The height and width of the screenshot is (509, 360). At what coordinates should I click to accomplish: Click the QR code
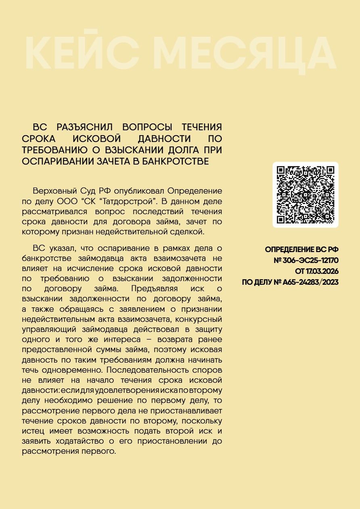(306, 195)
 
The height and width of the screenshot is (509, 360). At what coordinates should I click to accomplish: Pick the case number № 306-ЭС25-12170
(306, 261)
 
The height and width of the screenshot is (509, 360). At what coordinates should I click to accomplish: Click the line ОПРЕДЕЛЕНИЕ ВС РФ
(301, 250)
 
